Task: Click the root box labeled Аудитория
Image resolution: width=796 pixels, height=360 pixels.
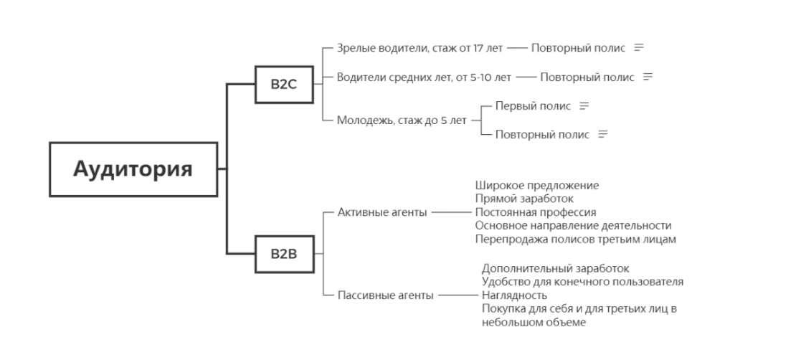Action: tap(133, 170)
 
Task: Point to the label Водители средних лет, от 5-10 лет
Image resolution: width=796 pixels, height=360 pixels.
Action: tap(424, 77)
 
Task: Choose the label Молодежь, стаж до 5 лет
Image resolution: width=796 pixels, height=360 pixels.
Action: tap(402, 120)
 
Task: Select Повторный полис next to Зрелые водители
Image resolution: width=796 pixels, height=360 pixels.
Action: tap(578, 48)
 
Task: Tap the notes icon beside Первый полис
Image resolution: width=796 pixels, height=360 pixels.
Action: tap(584, 105)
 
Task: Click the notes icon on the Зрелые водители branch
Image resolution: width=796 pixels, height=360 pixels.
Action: tap(638, 48)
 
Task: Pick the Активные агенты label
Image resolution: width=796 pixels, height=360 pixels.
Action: tap(382, 212)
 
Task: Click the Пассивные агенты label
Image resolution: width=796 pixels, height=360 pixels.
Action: tap(385, 295)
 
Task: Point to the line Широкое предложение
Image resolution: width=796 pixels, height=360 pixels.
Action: tap(536, 186)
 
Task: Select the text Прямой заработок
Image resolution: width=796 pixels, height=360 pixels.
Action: tap(524, 199)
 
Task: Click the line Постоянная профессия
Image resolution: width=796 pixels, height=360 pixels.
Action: tap(536, 212)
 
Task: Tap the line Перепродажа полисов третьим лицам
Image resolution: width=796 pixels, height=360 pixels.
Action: tap(575, 239)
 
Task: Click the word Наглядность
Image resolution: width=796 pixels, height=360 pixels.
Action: tap(515, 295)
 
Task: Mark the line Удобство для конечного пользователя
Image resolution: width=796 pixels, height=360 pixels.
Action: tap(582, 282)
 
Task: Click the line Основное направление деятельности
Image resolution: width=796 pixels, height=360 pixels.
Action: tap(573, 225)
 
